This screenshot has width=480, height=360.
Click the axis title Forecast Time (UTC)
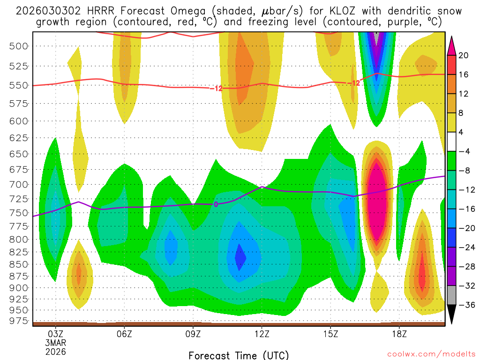click(239, 355)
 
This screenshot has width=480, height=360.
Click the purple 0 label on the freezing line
click(216, 204)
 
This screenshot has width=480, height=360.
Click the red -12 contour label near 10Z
click(216, 88)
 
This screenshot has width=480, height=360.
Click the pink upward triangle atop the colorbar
click(452, 45)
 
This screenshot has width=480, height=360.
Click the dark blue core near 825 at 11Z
click(240, 257)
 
